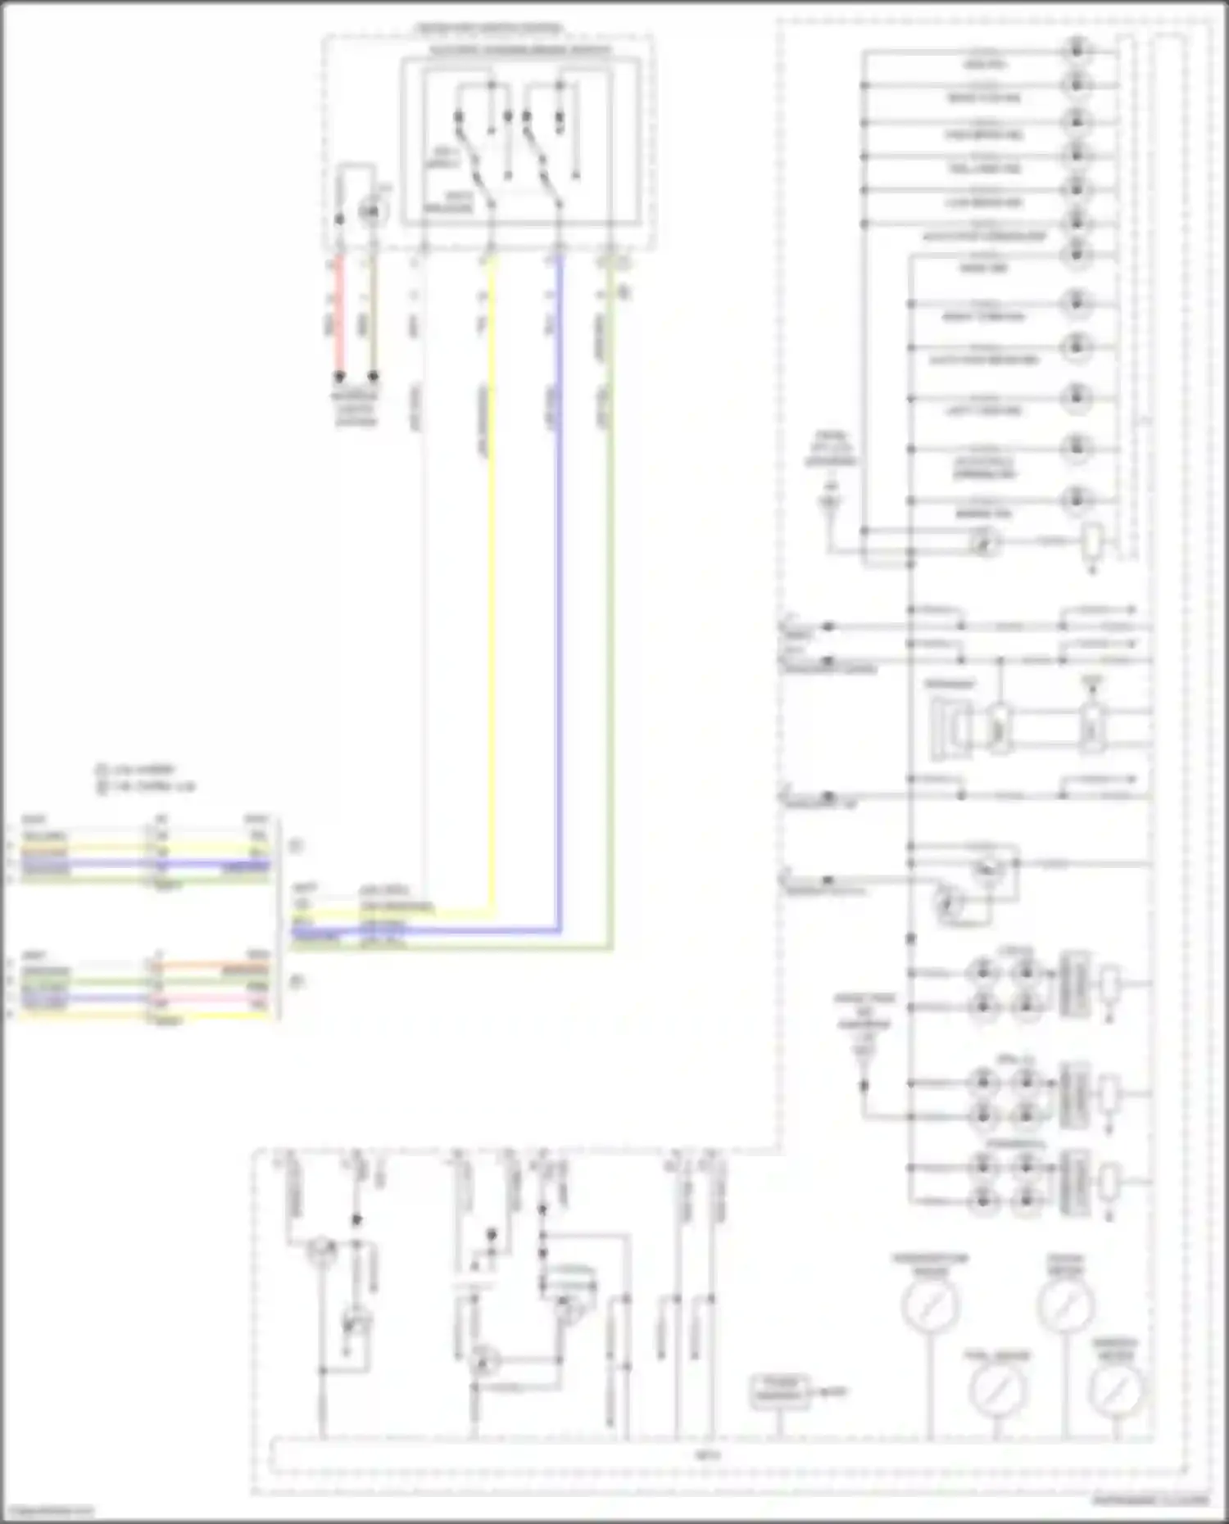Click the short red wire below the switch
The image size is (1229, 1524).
coord(338,319)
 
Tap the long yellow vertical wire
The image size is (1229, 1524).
coord(492,573)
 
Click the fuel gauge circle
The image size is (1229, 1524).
coord(997,1389)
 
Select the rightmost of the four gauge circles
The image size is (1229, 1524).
coord(1116,1389)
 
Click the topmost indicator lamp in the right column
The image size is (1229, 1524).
coord(1076,49)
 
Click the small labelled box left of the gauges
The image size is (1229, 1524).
coord(779,1392)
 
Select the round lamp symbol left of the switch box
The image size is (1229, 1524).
coord(370,212)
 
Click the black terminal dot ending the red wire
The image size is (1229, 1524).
coord(338,377)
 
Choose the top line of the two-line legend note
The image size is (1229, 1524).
coord(136,770)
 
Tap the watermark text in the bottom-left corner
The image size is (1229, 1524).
coord(48,1512)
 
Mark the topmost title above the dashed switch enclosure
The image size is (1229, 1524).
coord(488,29)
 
